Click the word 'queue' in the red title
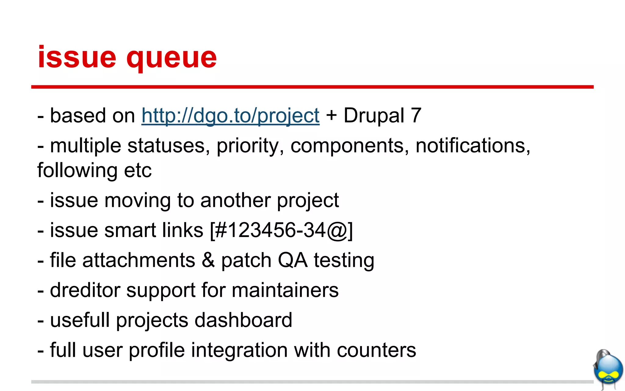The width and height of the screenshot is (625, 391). tap(172, 58)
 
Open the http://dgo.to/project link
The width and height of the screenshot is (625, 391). tap(230, 116)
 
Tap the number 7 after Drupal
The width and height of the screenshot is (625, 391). tap(416, 115)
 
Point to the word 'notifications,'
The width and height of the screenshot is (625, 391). tap(473, 146)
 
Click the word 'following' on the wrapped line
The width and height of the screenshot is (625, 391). tap(77, 170)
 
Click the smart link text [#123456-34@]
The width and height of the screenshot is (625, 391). tap(281, 230)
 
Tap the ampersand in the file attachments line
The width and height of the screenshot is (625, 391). tap(208, 260)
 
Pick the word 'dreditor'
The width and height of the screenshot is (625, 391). tap(85, 290)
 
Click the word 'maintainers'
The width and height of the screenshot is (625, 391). tap(285, 290)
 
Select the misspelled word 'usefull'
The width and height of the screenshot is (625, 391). tap(80, 320)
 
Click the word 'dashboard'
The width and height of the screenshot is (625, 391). tap(243, 320)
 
